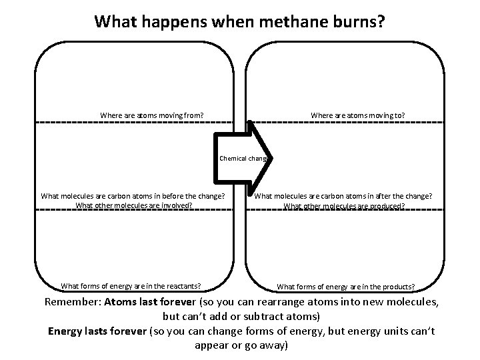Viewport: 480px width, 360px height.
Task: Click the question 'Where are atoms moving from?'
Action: (151, 115)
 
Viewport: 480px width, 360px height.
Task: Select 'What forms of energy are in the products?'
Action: (345, 287)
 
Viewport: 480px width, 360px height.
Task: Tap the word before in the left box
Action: (185, 196)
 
